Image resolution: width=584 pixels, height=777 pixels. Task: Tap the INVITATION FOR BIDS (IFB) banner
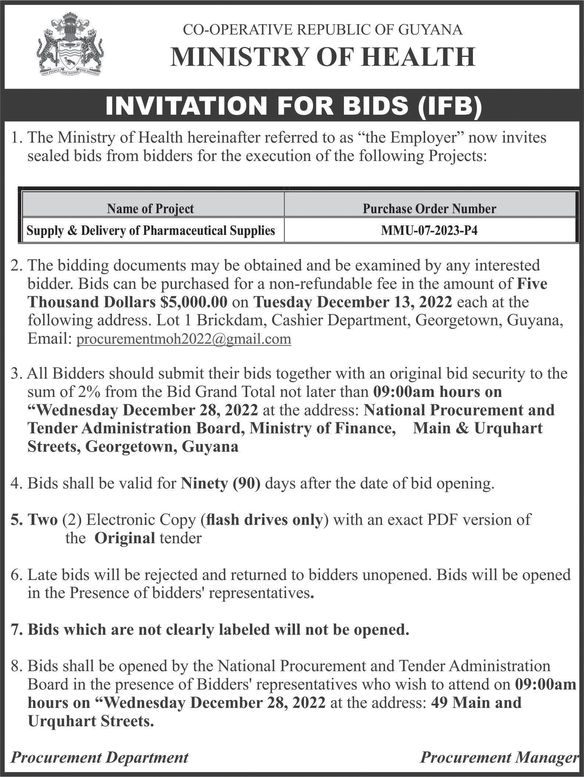[x=293, y=107]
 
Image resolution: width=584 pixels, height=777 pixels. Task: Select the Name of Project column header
[x=150, y=209]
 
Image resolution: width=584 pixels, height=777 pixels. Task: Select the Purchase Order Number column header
[x=429, y=209]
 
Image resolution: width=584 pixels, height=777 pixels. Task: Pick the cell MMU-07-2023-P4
[x=429, y=230]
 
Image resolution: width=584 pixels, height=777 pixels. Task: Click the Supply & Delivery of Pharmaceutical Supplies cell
[x=150, y=230]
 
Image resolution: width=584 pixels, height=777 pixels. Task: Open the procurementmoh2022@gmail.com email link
[x=184, y=339]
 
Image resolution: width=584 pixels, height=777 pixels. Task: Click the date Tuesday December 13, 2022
[x=353, y=302]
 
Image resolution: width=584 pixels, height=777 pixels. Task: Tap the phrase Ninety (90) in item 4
[x=221, y=483]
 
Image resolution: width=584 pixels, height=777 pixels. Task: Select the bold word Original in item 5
[x=125, y=538]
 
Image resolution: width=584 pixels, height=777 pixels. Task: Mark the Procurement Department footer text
[x=100, y=757]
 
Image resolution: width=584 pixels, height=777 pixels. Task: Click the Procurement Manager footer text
[x=498, y=757]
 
